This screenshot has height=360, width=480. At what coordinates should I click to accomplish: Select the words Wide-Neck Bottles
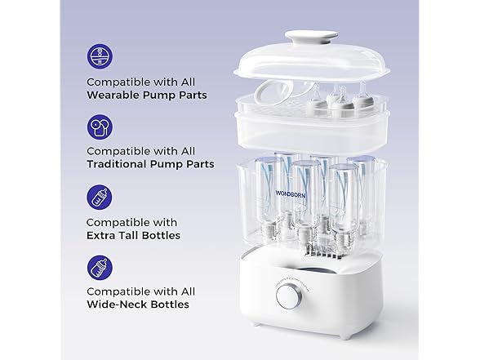tap(137, 304)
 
